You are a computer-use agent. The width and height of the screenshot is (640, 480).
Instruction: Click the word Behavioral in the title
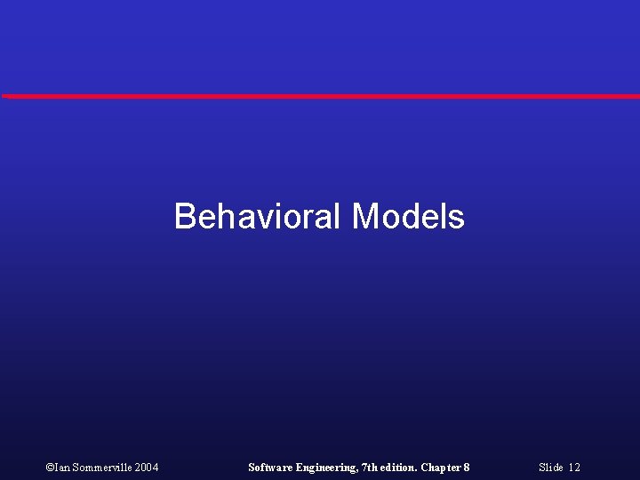click(258, 216)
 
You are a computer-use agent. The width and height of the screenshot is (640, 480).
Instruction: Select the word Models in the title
click(408, 216)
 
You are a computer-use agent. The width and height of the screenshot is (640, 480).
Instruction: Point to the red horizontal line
click(320, 96)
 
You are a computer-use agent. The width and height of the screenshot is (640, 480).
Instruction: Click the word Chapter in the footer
click(441, 468)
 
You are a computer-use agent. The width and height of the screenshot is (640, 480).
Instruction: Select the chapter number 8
click(467, 468)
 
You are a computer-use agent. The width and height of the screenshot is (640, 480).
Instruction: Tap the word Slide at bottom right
click(550, 468)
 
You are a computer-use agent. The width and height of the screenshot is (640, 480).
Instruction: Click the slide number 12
click(574, 468)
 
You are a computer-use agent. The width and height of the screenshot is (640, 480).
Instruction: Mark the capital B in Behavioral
click(185, 216)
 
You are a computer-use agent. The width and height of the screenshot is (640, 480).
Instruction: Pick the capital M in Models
click(365, 216)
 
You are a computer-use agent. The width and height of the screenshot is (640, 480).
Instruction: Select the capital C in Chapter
click(425, 468)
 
